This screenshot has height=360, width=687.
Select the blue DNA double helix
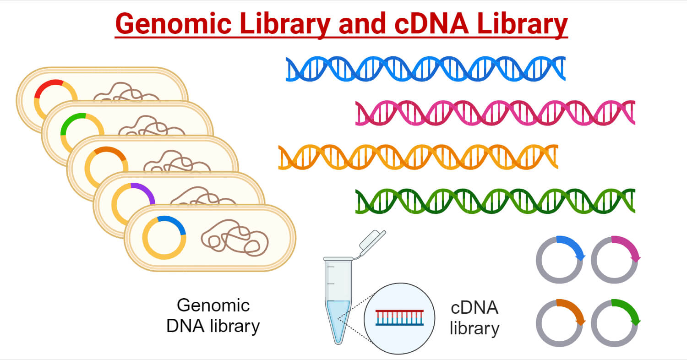(425, 69)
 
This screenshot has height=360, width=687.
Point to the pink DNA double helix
(495, 113)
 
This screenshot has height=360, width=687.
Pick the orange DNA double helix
(418, 157)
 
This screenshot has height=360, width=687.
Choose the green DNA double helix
(495, 201)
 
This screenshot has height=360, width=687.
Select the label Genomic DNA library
(213, 316)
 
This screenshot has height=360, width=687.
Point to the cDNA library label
(474, 318)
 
